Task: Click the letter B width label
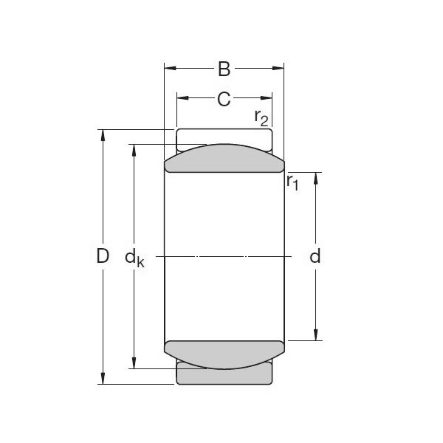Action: click(224, 70)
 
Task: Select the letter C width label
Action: click(224, 98)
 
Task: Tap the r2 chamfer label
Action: click(261, 117)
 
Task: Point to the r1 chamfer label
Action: click(292, 182)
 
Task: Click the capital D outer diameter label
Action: click(103, 257)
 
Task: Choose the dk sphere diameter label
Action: click(134, 259)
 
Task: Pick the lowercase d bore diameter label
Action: click(315, 257)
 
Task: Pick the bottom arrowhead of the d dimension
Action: click(316, 335)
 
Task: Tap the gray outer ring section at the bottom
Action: click(224, 376)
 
